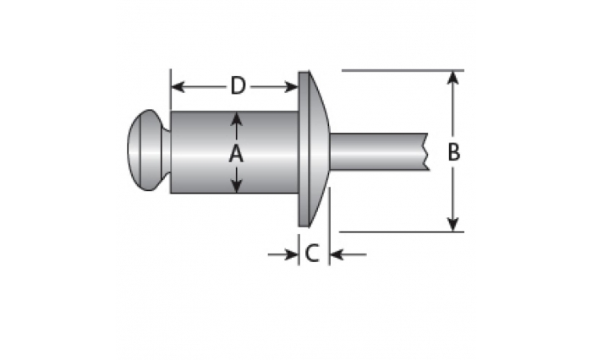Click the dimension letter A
click(236, 154)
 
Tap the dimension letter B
click(453, 152)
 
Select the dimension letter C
click(312, 254)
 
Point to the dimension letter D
click(238, 85)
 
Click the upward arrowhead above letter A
click(236, 118)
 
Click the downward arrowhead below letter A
click(236, 186)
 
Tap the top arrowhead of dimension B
click(452, 78)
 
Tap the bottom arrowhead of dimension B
click(452, 224)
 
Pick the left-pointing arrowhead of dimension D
click(178, 87)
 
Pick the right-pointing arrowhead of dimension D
click(292, 87)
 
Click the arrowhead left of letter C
click(292, 254)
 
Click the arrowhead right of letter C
click(337, 254)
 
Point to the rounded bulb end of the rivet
click(145, 150)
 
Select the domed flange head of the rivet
click(314, 149)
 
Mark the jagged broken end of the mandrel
click(427, 152)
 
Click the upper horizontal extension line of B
click(403, 71)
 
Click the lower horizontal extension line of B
click(402, 232)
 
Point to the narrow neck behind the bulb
click(167, 151)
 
